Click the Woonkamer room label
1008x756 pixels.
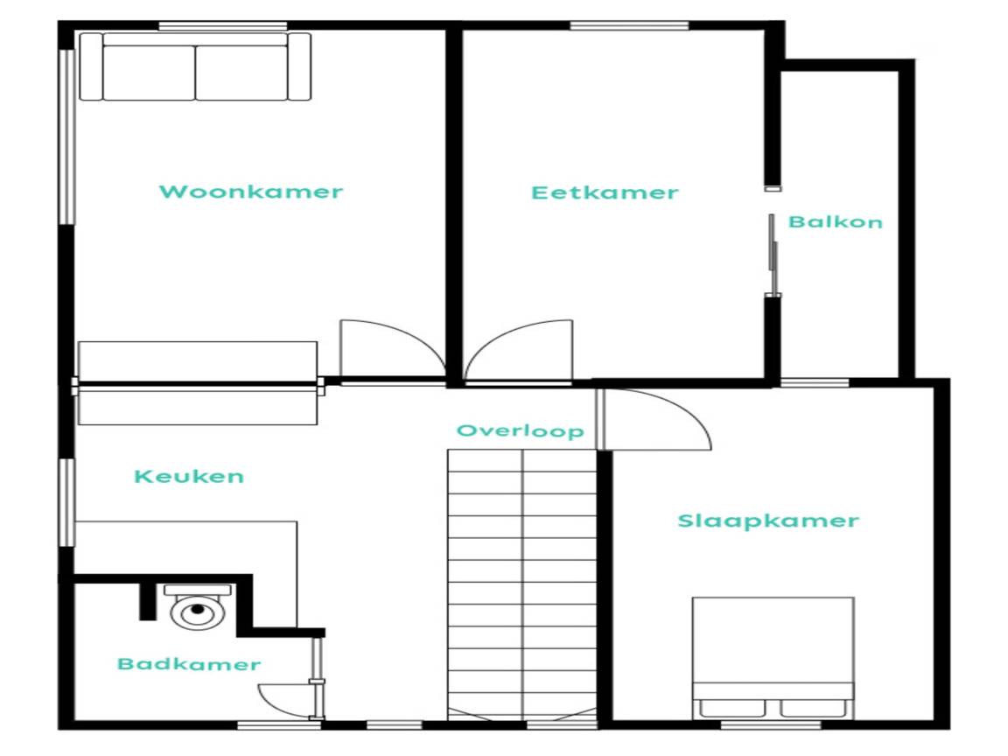[x=251, y=192]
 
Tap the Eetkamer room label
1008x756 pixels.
[x=605, y=192]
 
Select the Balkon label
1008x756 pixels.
[x=835, y=221]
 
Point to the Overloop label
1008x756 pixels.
[x=520, y=430]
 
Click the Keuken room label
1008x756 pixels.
[x=189, y=476]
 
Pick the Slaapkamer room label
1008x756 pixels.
[x=768, y=521]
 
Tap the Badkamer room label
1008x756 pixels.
[x=189, y=664]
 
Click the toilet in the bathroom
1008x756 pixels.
[x=198, y=606]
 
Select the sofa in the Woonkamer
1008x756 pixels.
[x=195, y=66]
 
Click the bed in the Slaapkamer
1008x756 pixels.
[x=773, y=658]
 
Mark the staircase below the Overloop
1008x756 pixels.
[x=522, y=585]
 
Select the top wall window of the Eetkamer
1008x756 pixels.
[x=629, y=26]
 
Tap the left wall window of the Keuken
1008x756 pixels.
[x=67, y=503]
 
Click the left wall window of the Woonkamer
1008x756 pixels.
[x=67, y=136]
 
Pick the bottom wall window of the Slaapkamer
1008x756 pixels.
[x=771, y=725]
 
